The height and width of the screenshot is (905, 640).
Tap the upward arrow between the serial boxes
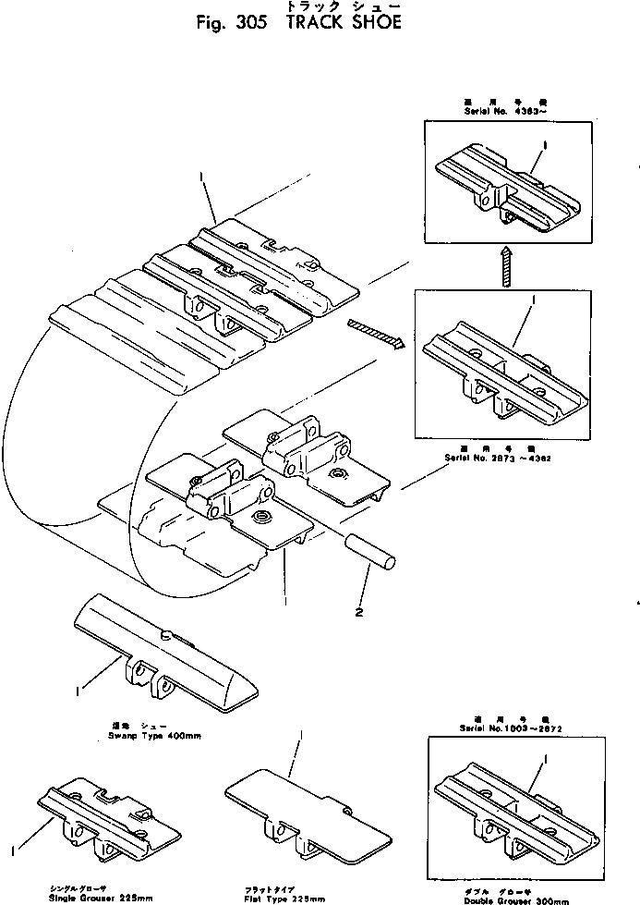[x=505, y=265]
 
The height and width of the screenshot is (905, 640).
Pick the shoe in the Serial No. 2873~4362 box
[x=503, y=364]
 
